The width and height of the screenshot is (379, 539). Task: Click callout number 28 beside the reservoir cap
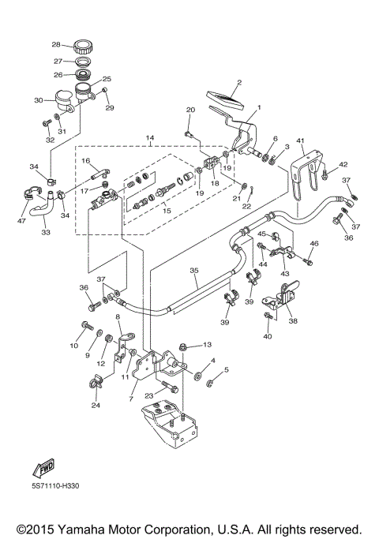click(56, 44)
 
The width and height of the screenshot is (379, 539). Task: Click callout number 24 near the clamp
click(96, 406)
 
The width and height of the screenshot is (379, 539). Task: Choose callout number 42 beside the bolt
click(343, 164)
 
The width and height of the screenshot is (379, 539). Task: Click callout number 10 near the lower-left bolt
click(73, 346)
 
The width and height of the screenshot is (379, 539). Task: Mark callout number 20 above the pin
click(190, 110)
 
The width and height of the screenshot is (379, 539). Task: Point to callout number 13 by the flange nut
click(208, 345)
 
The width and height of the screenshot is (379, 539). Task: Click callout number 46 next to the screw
click(314, 243)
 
